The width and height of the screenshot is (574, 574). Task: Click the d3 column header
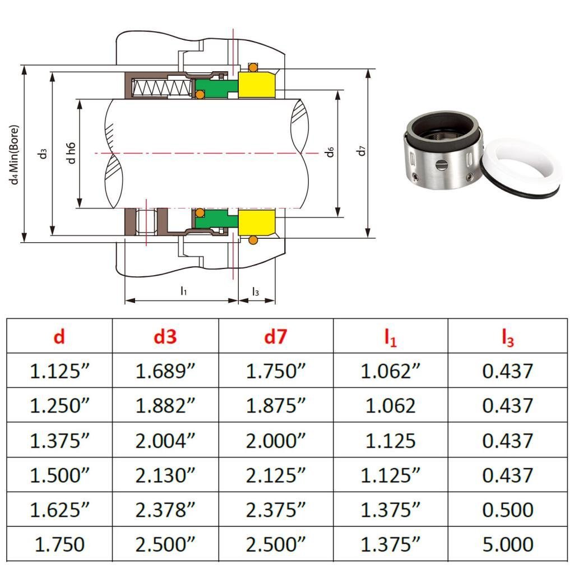pos(165,336)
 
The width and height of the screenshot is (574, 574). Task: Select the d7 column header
pos(275,336)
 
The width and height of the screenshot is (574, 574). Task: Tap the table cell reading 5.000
pos(508,544)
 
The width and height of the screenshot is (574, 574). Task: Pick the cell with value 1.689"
pos(165,371)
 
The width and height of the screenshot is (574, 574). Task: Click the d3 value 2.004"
pos(165,441)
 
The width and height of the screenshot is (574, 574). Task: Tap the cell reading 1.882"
pos(165,406)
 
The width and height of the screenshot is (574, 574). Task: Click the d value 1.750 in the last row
pos(59,544)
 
